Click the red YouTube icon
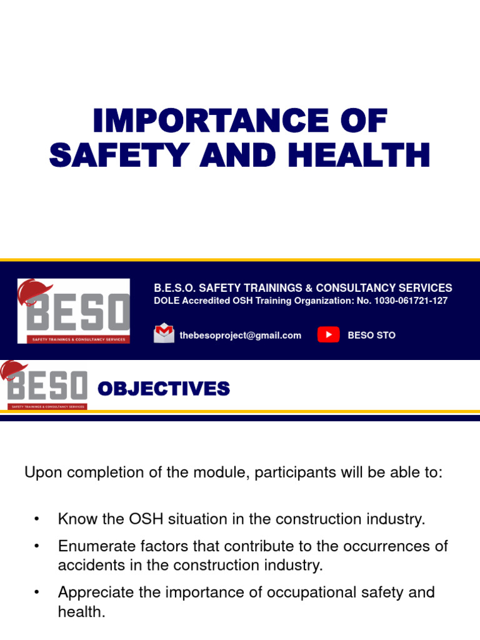[328, 334]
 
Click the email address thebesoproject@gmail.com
[240, 335]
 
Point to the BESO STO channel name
[371, 335]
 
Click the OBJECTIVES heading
[164, 389]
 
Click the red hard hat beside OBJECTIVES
[11, 370]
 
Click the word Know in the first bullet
[74, 519]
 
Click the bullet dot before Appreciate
[37, 592]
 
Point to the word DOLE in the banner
[167, 301]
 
